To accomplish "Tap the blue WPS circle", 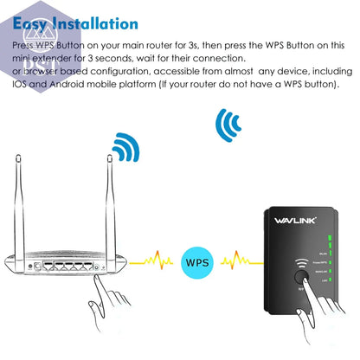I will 196,258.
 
